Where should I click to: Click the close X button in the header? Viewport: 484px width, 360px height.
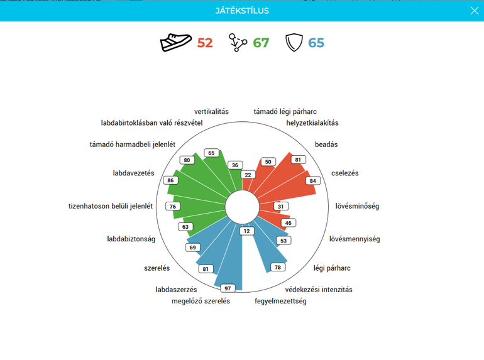click(x=475, y=11)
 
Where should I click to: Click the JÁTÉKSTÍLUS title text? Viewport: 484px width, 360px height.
click(x=242, y=11)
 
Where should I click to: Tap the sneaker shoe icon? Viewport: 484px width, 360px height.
click(x=175, y=42)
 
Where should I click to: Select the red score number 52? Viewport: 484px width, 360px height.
click(x=205, y=43)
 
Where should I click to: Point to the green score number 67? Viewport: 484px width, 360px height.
click(x=261, y=43)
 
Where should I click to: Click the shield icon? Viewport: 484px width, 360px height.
click(x=294, y=43)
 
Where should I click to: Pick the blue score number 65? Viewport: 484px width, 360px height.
click(x=316, y=43)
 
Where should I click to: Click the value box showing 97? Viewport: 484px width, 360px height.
click(x=228, y=288)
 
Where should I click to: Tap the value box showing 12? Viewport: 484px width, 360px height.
click(x=246, y=231)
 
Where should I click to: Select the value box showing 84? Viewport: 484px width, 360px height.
click(x=312, y=181)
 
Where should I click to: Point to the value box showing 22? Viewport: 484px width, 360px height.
click(x=248, y=175)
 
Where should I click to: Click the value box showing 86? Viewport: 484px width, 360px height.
click(x=171, y=180)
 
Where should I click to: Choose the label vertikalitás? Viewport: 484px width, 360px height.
click(x=211, y=111)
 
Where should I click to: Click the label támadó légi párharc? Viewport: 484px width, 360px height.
click(x=285, y=111)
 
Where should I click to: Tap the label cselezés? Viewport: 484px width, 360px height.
click(x=345, y=173)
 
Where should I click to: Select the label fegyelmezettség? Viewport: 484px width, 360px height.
click(x=280, y=301)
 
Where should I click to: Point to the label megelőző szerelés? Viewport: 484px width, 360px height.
click(x=201, y=301)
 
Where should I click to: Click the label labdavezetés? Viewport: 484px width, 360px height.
click(x=133, y=173)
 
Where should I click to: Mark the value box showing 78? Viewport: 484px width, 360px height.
click(x=278, y=267)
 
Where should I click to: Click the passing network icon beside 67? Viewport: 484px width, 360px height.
click(x=238, y=43)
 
